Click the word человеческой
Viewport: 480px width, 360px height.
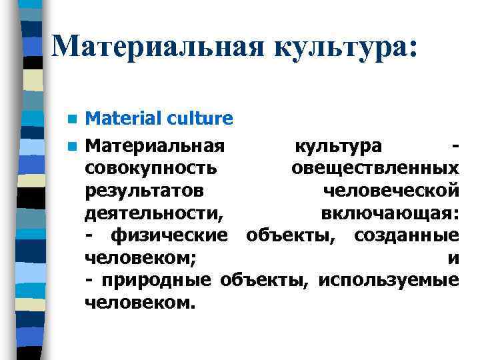coord(390,191)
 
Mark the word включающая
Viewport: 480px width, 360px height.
coord(389,213)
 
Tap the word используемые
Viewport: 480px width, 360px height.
coord(388,281)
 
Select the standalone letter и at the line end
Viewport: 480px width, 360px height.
coord(453,259)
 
